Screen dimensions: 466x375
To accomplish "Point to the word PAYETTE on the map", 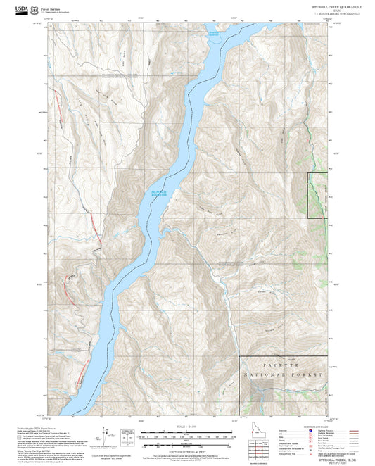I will point(285,367).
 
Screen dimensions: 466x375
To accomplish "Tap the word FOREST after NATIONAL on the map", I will point(310,376).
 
